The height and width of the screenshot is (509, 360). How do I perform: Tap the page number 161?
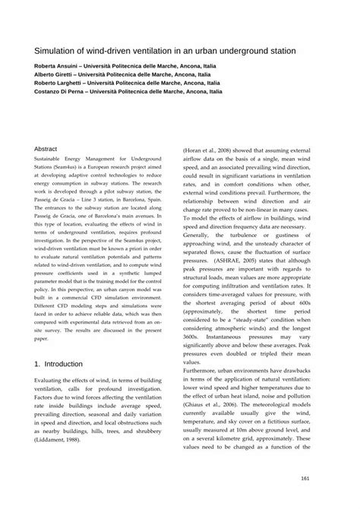coord(305,477)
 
